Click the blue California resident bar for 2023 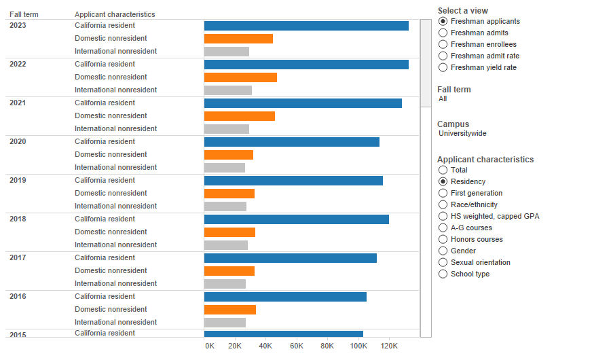(306, 26)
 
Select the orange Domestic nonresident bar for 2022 (240, 77)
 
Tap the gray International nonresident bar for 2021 (227, 129)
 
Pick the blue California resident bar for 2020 (292, 142)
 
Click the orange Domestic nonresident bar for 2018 (229, 232)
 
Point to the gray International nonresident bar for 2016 (225, 323)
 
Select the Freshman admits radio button (443, 33)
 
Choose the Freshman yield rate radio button (443, 67)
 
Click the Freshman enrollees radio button (443, 44)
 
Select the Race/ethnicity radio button (443, 204)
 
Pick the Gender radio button (443, 251)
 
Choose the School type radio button (443, 274)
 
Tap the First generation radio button (443, 193)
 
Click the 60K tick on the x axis (297, 346)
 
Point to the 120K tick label (389, 346)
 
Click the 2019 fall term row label (18, 181)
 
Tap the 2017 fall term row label (18, 258)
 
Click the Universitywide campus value (462, 134)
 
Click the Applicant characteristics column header (115, 14)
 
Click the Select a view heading (462, 11)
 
